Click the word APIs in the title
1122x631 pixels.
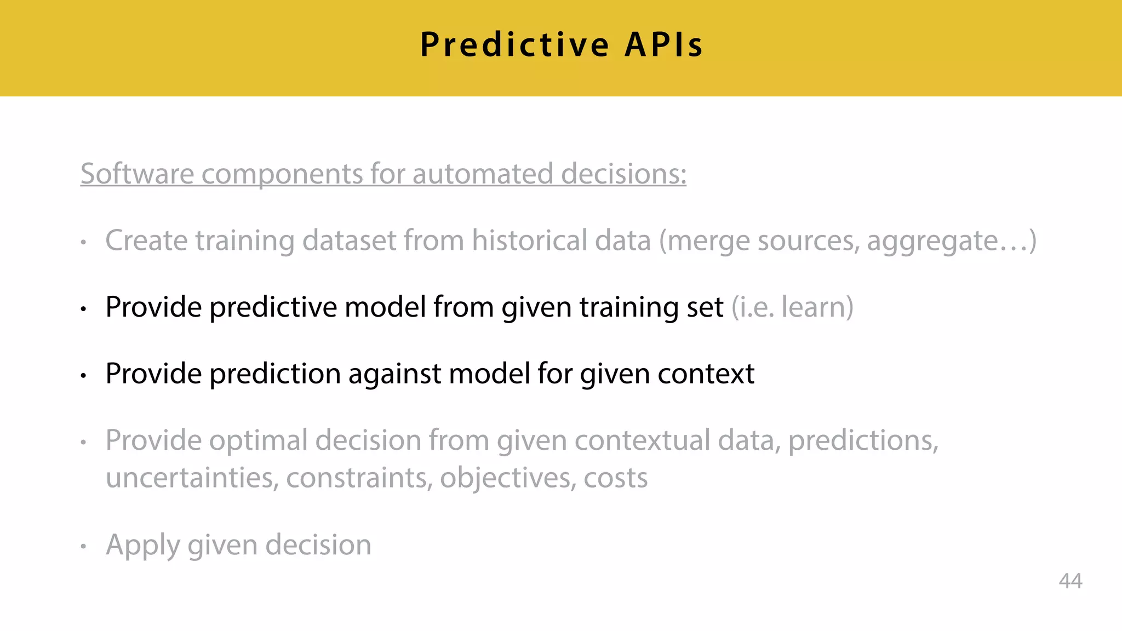tap(664, 45)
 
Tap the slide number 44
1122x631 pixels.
tap(1070, 581)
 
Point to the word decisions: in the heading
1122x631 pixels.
tap(623, 174)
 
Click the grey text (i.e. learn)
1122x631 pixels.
tap(792, 307)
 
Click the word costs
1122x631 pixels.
tap(615, 478)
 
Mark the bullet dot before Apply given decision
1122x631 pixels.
tap(83, 546)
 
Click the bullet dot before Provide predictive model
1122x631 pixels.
tap(83, 309)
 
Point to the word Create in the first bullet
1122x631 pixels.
tap(146, 241)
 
